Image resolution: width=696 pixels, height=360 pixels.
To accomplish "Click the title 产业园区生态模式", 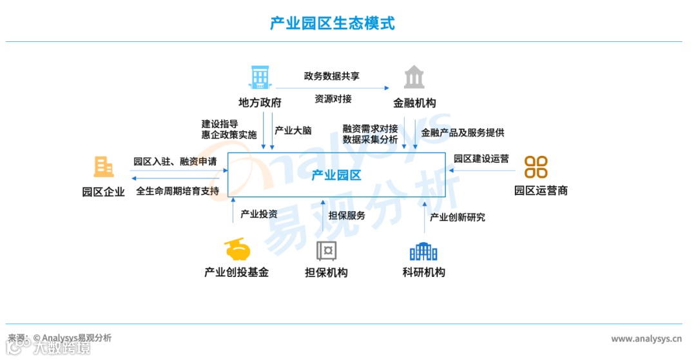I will [x=333, y=24].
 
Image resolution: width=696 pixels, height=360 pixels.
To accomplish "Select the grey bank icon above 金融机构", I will [x=414, y=77].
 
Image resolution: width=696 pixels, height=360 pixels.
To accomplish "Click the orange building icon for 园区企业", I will [x=103, y=167].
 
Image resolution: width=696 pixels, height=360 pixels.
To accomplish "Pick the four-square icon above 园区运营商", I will [x=536, y=167].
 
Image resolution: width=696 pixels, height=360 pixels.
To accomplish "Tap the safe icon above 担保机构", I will [x=326, y=250].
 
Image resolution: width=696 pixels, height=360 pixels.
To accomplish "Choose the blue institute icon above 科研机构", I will [x=423, y=250].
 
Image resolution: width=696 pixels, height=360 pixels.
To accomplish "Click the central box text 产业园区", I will [x=336, y=175].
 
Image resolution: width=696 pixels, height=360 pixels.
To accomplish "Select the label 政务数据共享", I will [x=332, y=76].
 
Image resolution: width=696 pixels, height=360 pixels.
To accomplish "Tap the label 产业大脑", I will [x=293, y=130].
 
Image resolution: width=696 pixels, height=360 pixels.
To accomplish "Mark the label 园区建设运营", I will [x=481, y=158].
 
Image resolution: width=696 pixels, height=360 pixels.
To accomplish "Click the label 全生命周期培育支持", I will [x=178, y=191].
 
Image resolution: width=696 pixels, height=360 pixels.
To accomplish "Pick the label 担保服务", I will [x=347, y=215].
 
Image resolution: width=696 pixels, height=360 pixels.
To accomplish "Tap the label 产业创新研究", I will [x=458, y=217].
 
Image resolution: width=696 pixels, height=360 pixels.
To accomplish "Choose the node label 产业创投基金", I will [x=237, y=272].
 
